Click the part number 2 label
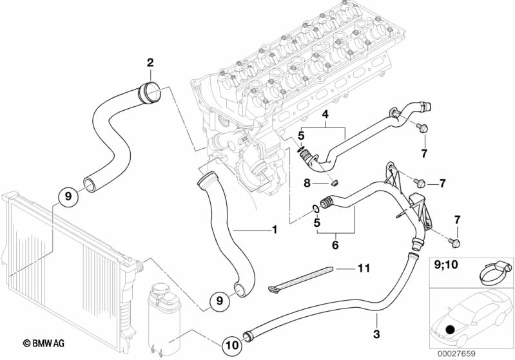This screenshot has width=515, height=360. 150,62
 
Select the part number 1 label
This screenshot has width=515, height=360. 274,229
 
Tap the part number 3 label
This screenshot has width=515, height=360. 377,334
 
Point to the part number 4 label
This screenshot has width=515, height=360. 326,115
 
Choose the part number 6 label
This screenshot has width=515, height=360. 335,245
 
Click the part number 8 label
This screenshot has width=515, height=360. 307,183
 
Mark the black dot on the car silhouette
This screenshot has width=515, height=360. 449,330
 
